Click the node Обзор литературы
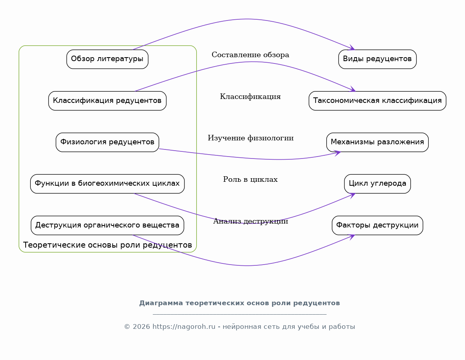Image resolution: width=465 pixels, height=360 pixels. tap(107, 59)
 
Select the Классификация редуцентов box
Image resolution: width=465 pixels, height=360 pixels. tap(107, 101)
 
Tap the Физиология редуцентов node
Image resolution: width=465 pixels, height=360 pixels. tap(107, 142)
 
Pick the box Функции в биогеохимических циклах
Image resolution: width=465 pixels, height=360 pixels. tap(107, 184)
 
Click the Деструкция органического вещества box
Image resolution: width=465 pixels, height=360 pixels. tap(107, 225)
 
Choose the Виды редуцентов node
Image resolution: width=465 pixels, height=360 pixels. tap(377, 59)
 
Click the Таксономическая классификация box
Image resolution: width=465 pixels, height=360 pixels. tap(377, 101)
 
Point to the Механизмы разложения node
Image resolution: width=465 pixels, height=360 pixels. tap(377, 142)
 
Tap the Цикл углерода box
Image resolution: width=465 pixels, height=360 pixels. tap(377, 184)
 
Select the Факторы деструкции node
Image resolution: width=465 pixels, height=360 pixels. tap(377, 225)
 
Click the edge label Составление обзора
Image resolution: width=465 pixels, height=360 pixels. tap(250, 55)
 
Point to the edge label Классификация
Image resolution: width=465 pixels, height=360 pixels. tap(250, 97)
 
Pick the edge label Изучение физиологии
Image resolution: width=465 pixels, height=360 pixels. tap(251, 138)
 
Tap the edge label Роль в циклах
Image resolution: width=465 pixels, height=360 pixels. tap(250, 179)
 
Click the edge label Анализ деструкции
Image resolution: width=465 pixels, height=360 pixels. tap(251, 221)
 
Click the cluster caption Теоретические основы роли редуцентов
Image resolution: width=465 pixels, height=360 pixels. tap(107, 245)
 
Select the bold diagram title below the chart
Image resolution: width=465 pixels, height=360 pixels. tap(240, 303)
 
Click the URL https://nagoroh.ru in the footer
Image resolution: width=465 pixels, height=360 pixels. tap(184, 327)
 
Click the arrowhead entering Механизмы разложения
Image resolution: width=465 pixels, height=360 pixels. tap(338, 153)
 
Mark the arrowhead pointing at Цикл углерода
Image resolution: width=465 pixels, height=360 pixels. tap(352, 195)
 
